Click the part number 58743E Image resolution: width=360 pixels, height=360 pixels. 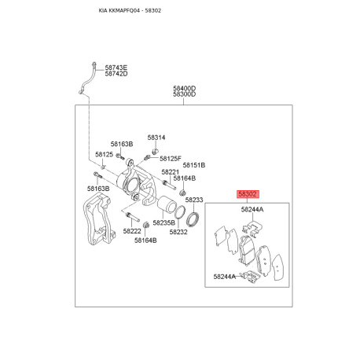(x=116, y=68)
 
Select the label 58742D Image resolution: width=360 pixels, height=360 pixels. (x=116, y=74)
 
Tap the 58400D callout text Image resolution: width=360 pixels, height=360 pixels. (x=184, y=88)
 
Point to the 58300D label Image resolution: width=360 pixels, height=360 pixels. (x=184, y=94)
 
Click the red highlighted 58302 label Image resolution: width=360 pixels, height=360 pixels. (x=248, y=194)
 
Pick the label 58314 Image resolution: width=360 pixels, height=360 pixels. (x=156, y=138)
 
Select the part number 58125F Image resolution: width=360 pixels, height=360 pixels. (x=171, y=159)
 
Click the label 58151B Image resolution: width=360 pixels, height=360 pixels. (x=194, y=165)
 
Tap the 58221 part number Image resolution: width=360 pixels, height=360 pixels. (x=170, y=172)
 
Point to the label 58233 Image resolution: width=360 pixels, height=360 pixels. (x=194, y=200)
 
